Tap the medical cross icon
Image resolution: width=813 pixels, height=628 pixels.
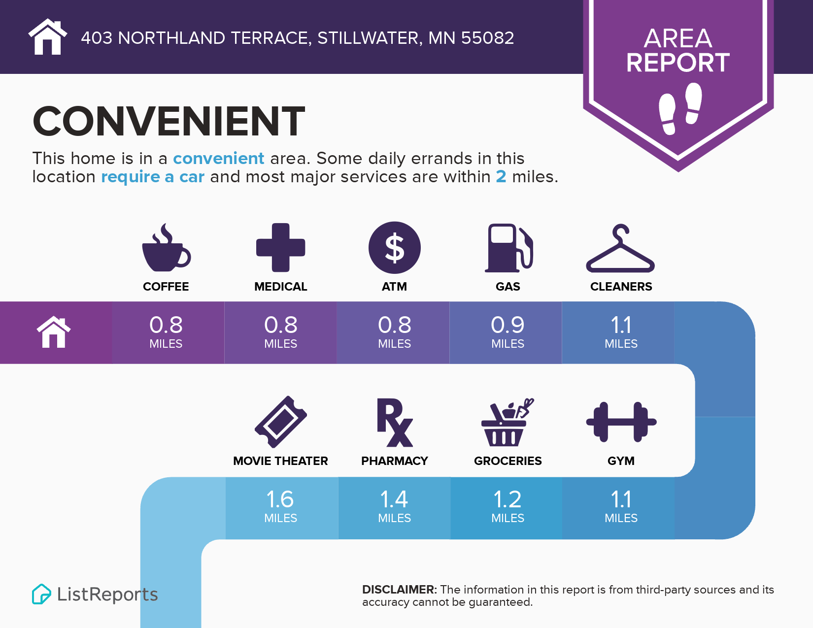pyautogui.click(x=280, y=248)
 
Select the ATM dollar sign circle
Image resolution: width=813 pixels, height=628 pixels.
pyautogui.click(x=394, y=248)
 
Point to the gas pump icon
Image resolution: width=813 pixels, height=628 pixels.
pyautogui.click(x=509, y=248)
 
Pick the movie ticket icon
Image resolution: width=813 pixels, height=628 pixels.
pyautogui.click(x=280, y=422)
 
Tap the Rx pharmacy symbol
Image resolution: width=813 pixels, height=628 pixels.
pyautogui.click(x=394, y=422)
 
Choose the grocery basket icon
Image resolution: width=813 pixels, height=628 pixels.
pyautogui.click(x=508, y=422)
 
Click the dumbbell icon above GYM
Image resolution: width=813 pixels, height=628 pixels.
pyautogui.click(x=621, y=422)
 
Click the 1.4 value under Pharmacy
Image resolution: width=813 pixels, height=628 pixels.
pyautogui.click(x=394, y=499)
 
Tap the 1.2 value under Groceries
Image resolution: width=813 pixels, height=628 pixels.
pyautogui.click(x=508, y=499)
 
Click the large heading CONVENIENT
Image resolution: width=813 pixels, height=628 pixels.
pyautogui.click(x=169, y=121)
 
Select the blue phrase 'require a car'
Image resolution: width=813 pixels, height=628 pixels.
pyautogui.click(x=153, y=176)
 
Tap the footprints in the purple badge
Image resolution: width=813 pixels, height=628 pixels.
pyautogui.click(x=680, y=108)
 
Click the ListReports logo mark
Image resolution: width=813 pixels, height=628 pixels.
pyautogui.click(x=41, y=594)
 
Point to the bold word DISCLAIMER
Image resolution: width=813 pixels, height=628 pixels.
pyautogui.click(x=399, y=590)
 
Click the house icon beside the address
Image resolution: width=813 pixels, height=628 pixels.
pyautogui.click(x=48, y=36)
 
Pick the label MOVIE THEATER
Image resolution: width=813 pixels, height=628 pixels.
pyautogui.click(x=280, y=461)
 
